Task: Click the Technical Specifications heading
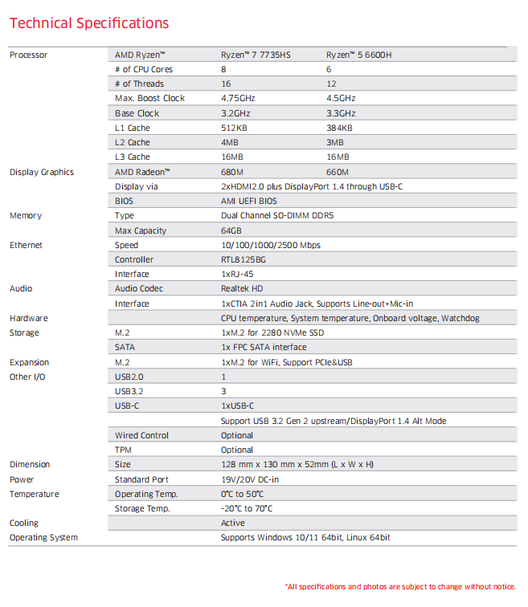tap(89, 23)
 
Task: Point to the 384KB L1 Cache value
tap(339, 128)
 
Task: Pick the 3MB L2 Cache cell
tap(335, 142)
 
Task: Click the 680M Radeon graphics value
tap(232, 172)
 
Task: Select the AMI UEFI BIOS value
tap(249, 201)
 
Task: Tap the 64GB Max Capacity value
tap(232, 230)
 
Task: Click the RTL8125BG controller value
tap(244, 259)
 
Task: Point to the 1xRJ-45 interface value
tap(239, 274)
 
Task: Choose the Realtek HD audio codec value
tap(242, 288)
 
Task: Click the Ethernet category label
tap(26, 245)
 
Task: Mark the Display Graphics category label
tap(41, 172)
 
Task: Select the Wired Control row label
tap(141, 435)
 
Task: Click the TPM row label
tap(124, 450)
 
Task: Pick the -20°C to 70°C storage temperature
tap(247, 508)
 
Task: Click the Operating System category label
tap(43, 537)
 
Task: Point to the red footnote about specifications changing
tap(400, 586)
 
